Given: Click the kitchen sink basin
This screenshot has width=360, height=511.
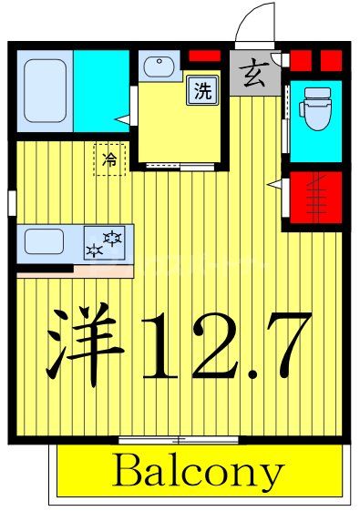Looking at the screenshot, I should (45, 241).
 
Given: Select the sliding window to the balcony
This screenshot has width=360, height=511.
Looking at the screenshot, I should (179, 440).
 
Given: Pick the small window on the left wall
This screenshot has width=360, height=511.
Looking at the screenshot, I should (11, 201).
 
